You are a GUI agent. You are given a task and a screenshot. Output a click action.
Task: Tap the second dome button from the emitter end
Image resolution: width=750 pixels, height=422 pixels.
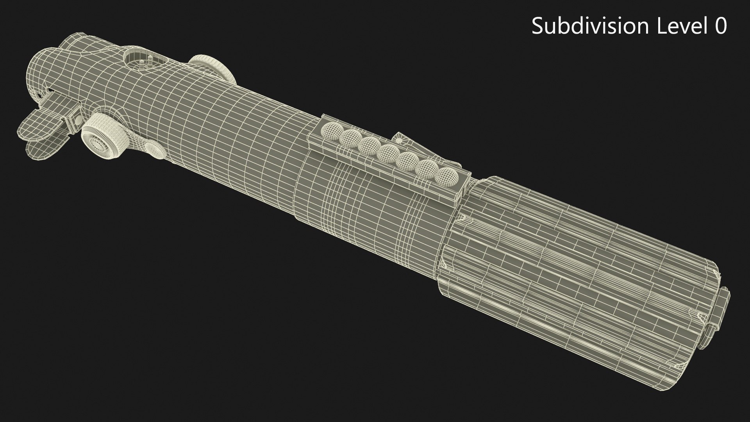point(350,137)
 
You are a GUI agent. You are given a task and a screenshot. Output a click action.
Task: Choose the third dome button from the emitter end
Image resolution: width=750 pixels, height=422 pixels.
point(369,145)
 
